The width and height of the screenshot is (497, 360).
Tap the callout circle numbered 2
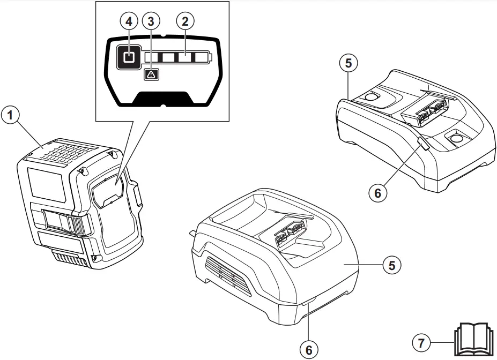186,21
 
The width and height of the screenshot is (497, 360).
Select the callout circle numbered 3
151,21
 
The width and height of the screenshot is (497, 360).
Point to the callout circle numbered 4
128,21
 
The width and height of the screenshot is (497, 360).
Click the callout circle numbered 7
421,341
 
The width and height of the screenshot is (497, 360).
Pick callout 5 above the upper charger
348,63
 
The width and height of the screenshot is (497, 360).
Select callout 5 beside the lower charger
392,265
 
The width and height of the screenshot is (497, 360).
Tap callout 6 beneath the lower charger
308,350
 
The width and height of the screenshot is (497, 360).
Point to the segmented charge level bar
177,57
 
